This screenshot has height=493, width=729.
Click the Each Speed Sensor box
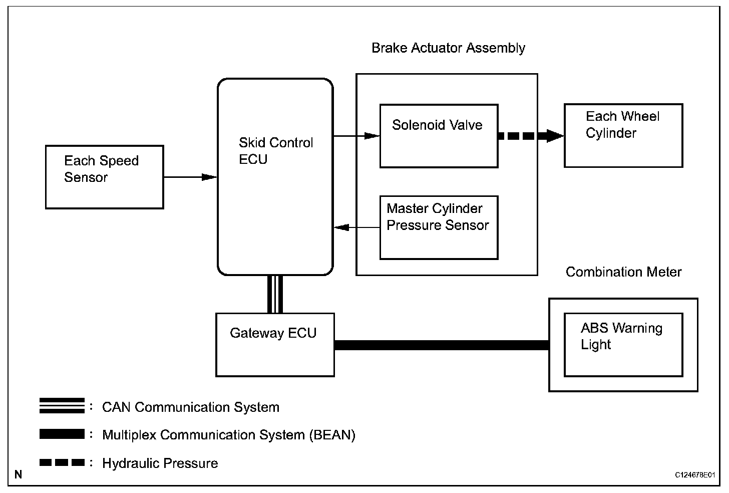click(x=105, y=177)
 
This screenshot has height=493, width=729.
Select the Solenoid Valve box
click(x=439, y=136)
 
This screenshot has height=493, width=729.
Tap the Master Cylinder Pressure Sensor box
click(x=439, y=227)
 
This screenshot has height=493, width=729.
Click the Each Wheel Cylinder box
click(x=623, y=135)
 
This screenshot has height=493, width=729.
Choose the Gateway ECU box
click(x=275, y=345)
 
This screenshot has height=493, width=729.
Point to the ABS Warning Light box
click(x=623, y=345)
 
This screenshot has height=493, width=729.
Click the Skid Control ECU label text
click(x=276, y=151)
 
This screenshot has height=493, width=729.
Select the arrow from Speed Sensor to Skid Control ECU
click(x=190, y=177)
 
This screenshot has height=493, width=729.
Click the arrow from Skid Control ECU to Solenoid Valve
click(x=356, y=136)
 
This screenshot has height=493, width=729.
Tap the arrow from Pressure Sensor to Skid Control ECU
click(x=357, y=227)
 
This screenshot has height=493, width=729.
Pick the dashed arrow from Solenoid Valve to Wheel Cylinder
click(x=531, y=136)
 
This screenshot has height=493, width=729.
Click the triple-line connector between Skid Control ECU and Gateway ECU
click(x=275, y=295)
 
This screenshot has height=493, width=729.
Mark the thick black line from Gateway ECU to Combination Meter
click(x=442, y=345)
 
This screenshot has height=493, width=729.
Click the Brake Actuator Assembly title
click(x=449, y=48)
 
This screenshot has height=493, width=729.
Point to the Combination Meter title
click(x=623, y=272)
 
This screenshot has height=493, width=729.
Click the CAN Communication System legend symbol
click(x=62, y=406)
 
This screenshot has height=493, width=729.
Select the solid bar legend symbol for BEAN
click(x=62, y=434)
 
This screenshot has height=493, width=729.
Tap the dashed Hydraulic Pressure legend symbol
click(x=62, y=462)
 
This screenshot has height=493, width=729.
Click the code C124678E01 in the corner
click(x=695, y=475)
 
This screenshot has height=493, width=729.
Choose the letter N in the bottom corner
click(x=19, y=474)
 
